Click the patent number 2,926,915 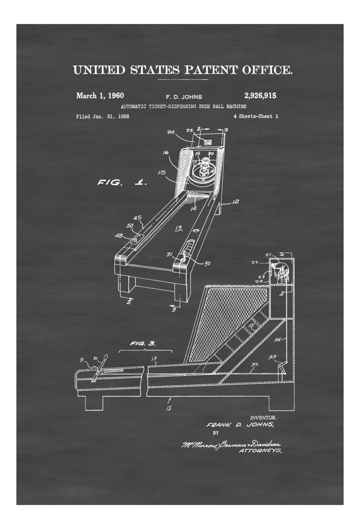pyautogui.click(x=257, y=95)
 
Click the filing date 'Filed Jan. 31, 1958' pyautogui.click(x=102, y=116)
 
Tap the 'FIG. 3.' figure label pyautogui.click(x=142, y=343)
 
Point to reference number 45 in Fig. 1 pyautogui.click(x=137, y=217)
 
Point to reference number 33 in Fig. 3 pyautogui.click(x=273, y=356)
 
